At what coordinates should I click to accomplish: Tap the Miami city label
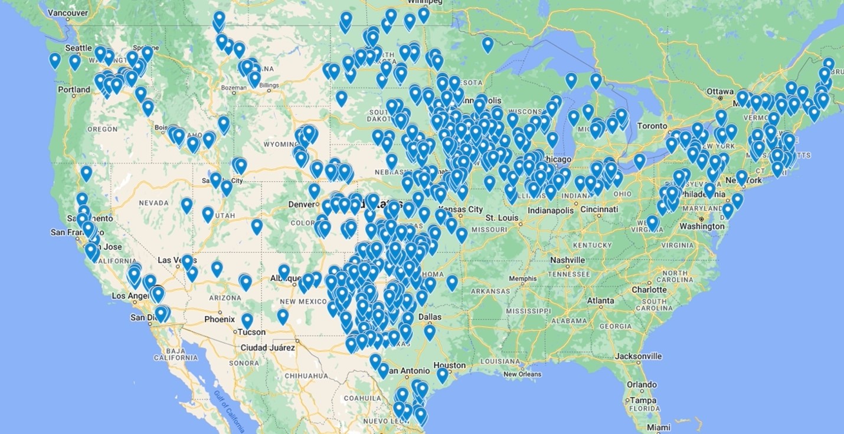point(657,427)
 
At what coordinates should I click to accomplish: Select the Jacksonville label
point(639,356)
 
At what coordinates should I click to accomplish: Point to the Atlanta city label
point(600,301)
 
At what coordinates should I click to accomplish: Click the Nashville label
point(567,260)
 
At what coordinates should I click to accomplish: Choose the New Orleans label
point(522,374)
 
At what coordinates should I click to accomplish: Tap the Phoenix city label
point(219,319)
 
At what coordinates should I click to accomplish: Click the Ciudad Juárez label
point(267,347)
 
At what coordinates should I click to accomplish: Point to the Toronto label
point(651,126)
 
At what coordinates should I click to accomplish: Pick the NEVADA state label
point(153,203)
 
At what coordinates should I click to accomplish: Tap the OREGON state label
point(103,129)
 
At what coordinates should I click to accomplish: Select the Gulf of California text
point(229,411)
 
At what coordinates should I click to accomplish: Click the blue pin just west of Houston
point(442,374)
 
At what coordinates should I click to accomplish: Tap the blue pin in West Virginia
point(652,222)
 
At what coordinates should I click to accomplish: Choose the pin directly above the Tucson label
point(247,320)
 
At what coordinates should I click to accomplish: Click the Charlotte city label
point(649,289)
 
